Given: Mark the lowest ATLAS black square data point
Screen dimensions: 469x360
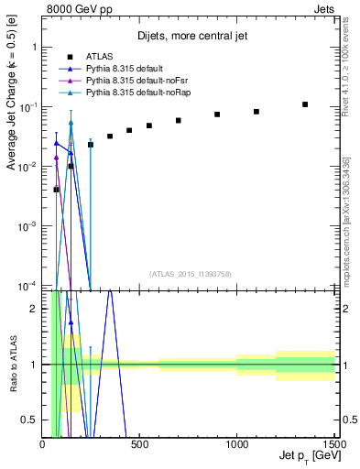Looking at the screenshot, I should click(57, 190).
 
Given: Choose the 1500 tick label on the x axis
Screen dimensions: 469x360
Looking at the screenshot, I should click(333, 444).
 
